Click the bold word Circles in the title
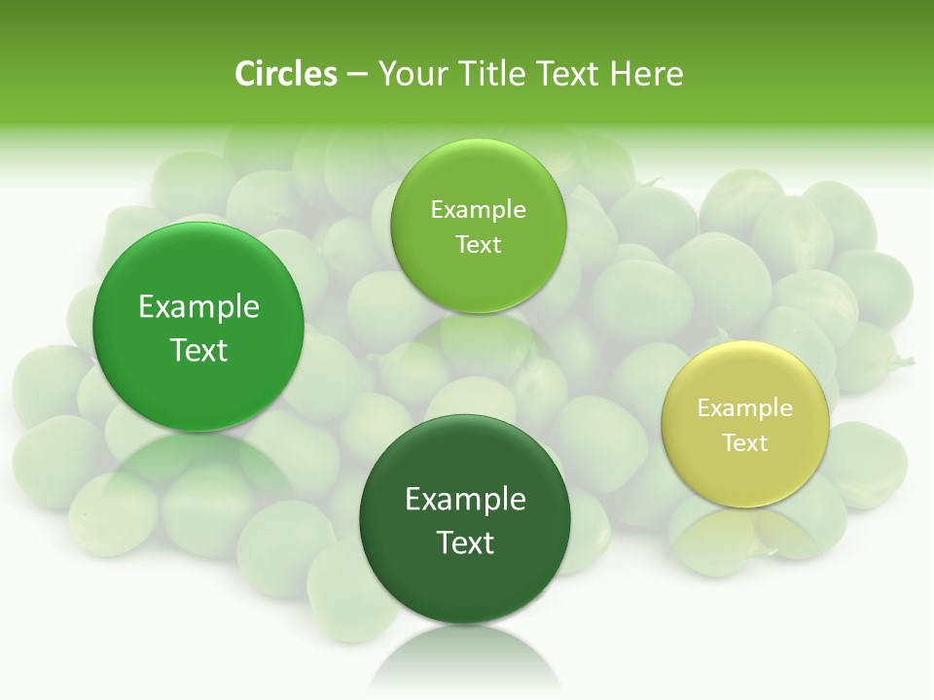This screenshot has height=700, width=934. click(x=286, y=74)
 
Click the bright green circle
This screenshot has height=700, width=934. click(x=198, y=327)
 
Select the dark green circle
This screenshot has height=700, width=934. click(x=465, y=519)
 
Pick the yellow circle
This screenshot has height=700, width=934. click(x=745, y=425)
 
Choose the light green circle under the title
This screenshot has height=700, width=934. click(x=478, y=227)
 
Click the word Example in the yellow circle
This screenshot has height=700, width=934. click(x=745, y=407)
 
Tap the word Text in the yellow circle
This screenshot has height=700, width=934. click(x=745, y=442)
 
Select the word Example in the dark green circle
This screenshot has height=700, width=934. click(x=465, y=499)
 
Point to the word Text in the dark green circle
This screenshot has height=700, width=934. click(x=465, y=542)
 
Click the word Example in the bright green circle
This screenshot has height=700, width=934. click(x=198, y=306)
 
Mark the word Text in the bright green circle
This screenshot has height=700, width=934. click(x=198, y=350)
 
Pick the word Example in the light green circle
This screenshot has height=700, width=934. click(x=478, y=209)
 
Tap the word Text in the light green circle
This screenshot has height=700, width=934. click(x=478, y=244)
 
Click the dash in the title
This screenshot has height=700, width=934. click(x=357, y=75)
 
